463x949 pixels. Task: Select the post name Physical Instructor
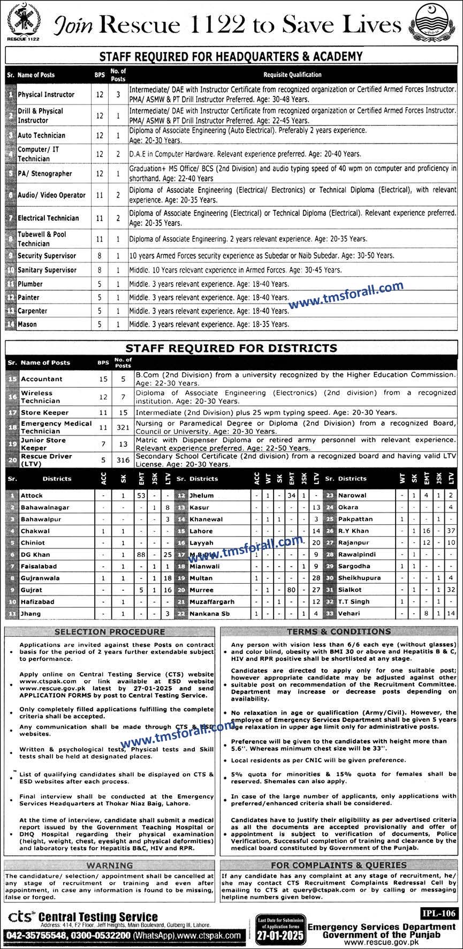pyautogui.click(x=46, y=95)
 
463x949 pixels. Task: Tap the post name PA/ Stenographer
pyautogui.click(x=44, y=174)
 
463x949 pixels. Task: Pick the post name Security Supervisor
pyautogui.click(x=47, y=256)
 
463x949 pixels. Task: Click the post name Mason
pyautogui.click(x=28, y=324)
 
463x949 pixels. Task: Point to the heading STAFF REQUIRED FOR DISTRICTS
pyautogui.click(x=231, y=348)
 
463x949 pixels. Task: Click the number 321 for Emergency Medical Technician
pyautogui.click(x=123, y=427)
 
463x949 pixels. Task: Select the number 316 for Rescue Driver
pyautogui.click(x=123, y=460)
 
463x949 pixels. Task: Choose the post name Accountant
pyautogui.click(x=41, y=379)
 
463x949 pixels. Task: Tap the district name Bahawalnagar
pyautogui.click(x=45, y=507)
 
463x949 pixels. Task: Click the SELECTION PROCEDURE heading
pyautogui.click(x=109, y=632)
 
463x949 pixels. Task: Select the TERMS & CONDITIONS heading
pyautogui.click(x=339, y=632)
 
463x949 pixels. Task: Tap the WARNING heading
pyautogui.click(x=109, y=865)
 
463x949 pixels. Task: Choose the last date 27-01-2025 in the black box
pyautogui.click(x=280, y=936)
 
